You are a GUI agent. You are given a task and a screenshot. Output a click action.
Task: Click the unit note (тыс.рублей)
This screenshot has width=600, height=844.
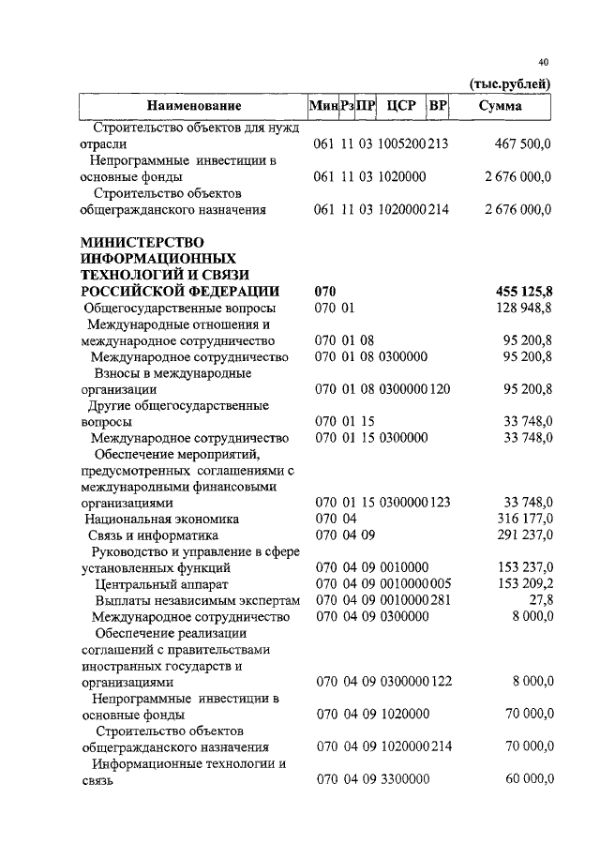pyautogui.click(x=509, y=83)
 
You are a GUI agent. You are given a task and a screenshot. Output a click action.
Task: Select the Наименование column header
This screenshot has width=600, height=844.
pyautogui.click(x=193, y=106)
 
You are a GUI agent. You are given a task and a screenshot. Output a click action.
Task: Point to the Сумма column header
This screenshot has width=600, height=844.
pyautogui.click(x=501, y=106)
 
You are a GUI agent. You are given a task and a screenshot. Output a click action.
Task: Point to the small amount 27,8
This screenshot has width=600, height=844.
pyautogui.click(x=538, y=599)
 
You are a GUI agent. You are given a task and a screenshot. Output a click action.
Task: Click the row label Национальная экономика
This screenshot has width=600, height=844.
pyautogui.click(x=161, y=519)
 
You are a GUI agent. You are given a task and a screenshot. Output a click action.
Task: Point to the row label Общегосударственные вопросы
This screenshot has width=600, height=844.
pyautogui.click(x=180, y=308)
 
